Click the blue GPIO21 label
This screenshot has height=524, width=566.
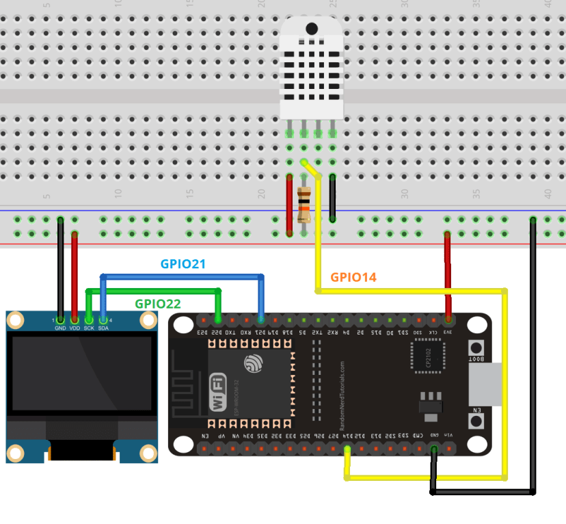(x=183, y=264)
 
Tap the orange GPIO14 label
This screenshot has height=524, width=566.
(x=353, y=277)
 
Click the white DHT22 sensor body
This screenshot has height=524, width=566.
(x=311, y=68)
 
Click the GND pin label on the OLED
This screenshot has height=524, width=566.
(x=60, y=328)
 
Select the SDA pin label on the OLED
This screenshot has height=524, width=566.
(x=103, y=328)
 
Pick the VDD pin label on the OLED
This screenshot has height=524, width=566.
(x=75, y=328)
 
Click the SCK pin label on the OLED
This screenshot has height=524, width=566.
(x=89, y=328)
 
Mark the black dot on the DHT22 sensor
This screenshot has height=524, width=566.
(x=312, y=29)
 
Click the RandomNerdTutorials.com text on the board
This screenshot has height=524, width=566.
(x=342, y=396)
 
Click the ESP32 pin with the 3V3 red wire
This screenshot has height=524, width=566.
(x=448, y=319)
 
